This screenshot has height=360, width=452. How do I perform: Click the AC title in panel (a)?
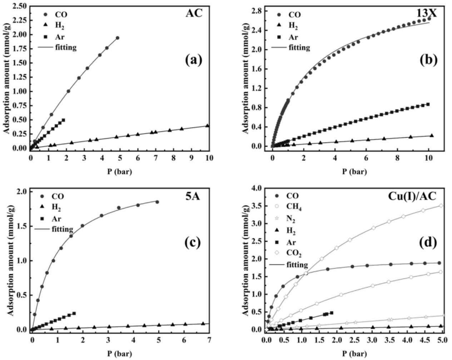(x=194, y=13)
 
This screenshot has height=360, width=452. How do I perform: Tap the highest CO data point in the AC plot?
(x=117, y=38)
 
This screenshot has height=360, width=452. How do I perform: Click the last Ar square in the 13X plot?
(x=428, y=104)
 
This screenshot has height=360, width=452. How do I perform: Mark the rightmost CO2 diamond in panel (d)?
(x=441, y=206)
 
